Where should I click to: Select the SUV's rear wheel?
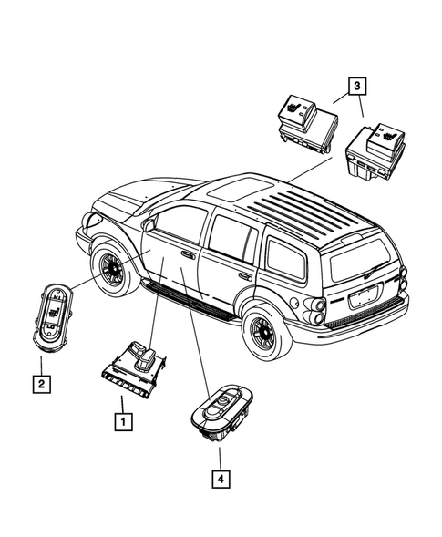coord(262,334)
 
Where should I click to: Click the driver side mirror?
coord(146,223)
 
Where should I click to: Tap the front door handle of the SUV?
coord(187,255)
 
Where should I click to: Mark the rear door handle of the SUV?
coord(244,275)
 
